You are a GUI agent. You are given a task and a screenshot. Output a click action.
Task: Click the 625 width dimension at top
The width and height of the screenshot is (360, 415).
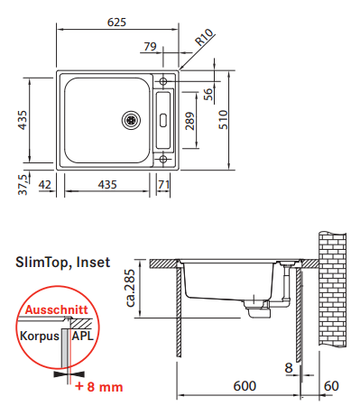[x=116, y=23]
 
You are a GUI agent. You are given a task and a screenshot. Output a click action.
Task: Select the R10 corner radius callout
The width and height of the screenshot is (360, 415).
[x=204, y=37]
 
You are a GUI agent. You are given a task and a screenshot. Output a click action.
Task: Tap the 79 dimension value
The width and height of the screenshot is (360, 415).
[x=150, y=47]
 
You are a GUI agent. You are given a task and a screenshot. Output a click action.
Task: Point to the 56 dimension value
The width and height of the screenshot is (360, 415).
[x=208, y=95]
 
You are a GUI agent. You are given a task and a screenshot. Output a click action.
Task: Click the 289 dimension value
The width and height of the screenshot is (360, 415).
[x=189, y=121]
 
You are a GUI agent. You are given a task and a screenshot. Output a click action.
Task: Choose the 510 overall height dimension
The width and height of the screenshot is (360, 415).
[x=223, y=120]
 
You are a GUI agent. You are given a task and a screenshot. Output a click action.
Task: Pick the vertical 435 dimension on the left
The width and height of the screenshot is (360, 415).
[x=23, y=120]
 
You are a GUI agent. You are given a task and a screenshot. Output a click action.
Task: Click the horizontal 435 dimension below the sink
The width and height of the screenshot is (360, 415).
[x=107, y=184]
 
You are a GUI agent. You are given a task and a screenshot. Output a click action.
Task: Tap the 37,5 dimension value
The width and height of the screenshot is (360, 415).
[x=23, y=184]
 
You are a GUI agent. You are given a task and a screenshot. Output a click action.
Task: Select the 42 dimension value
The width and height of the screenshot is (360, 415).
[x=45, y=184]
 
